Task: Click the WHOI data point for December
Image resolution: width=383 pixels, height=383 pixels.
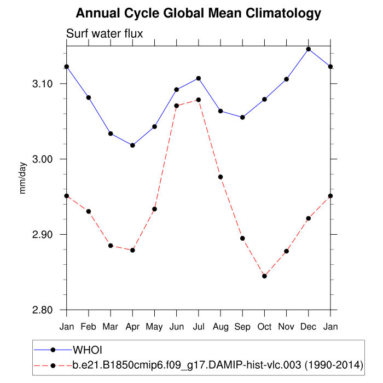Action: [309, 49]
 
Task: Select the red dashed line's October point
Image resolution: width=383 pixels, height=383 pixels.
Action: [264, 276]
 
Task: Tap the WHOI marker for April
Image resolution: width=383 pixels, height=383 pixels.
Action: [132, 145]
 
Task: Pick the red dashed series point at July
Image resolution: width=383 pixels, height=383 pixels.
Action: [199, 100]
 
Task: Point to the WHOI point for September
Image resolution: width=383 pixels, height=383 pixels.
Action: [242, 117]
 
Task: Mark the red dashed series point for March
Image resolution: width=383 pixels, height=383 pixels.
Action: [111, 246]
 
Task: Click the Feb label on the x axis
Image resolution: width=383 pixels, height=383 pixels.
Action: [89, 327]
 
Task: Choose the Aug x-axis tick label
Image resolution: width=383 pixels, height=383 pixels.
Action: [220, 327]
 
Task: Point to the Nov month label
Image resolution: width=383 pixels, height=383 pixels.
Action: [286, 327]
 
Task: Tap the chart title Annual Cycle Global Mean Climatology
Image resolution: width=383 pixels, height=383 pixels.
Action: [198, 13]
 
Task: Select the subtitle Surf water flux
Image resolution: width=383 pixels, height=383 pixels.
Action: [105, 34]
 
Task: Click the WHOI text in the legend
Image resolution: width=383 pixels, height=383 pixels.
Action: [88, 350]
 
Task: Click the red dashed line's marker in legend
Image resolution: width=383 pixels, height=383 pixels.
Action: [53, 364]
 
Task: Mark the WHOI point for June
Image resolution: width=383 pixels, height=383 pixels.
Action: [176, 89]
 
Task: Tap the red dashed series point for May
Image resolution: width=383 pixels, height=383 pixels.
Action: [154, 209]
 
